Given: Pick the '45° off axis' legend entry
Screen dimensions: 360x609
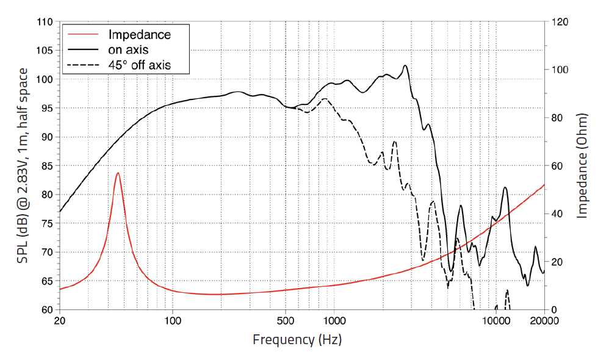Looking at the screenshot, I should click(139, 64).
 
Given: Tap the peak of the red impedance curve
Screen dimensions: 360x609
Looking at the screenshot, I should click(118, 173).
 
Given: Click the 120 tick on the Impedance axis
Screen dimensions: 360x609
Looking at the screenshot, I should click(560, 22).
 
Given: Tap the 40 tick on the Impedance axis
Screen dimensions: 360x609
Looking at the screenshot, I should click(558, 214).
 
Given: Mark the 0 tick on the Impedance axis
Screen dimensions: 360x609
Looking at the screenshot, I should click(555, 310).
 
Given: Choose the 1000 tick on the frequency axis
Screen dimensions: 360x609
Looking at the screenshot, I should click(334, 322).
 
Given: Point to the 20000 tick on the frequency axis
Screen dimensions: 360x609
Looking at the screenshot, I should click(544, 322).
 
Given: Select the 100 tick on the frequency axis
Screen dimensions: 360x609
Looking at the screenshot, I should click(173, 322).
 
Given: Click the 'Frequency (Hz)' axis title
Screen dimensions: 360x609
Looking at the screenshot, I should click(301, 340).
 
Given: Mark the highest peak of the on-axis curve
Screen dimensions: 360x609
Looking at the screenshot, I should click(405, 66).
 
